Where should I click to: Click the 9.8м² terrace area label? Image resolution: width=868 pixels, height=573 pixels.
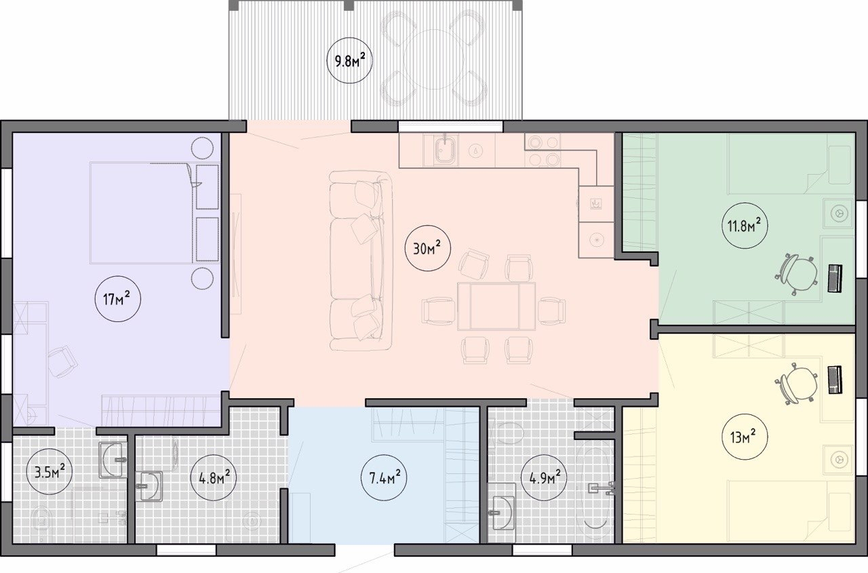point(349,60)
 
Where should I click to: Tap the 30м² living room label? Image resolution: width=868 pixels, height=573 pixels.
point(427,248)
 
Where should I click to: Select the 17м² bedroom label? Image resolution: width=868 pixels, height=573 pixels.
point(117,298)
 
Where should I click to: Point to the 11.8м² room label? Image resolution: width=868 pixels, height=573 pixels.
point(745,225)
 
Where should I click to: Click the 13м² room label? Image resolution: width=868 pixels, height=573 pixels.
point(744,437)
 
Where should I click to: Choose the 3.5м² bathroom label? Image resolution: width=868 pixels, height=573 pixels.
point(50,471)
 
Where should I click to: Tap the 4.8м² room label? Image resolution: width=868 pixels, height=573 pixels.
point(214,478)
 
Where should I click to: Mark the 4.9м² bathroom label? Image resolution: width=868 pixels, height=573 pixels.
point(544,477)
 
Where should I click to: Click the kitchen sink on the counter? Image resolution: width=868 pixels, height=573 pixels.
point(446,151)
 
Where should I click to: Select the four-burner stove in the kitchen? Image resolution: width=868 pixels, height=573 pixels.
point(542,151)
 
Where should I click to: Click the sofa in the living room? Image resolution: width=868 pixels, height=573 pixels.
point(360,261)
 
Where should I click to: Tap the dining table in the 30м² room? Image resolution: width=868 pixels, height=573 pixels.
point(496,306)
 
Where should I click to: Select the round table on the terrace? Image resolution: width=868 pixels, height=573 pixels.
point(433,60)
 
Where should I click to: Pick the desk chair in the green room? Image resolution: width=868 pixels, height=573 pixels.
point(797,275)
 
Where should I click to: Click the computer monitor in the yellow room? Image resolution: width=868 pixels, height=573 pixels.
point(835,380)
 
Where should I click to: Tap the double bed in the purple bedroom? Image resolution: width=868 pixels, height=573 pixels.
point(142,213)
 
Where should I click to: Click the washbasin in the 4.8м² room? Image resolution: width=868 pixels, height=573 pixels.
point(150,486)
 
